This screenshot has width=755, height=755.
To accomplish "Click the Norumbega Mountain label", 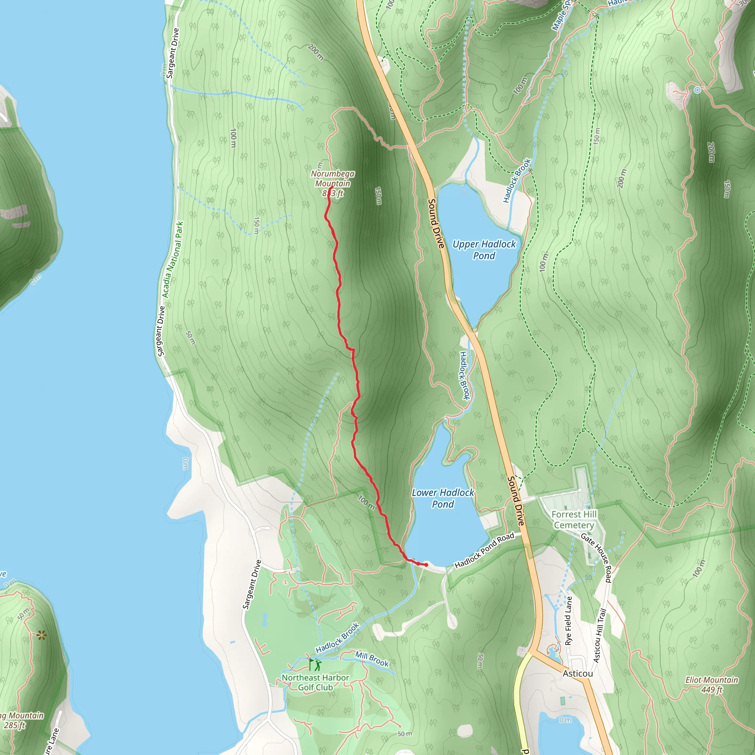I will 333,178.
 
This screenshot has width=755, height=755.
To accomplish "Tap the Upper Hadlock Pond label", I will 484,250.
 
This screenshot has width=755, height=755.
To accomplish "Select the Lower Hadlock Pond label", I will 443,498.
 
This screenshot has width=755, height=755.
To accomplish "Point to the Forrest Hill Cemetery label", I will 574,520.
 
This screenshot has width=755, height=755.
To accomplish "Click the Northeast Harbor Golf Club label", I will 315,682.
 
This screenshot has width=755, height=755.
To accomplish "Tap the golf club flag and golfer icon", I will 315,665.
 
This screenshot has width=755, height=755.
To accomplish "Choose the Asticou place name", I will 578,673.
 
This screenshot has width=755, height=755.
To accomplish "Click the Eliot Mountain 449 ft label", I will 711,685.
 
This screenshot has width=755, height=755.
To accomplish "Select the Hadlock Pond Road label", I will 484,550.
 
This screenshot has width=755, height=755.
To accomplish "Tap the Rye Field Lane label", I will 568,620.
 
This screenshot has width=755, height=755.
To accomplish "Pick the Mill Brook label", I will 372,659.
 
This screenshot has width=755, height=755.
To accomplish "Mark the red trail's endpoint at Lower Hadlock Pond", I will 426,565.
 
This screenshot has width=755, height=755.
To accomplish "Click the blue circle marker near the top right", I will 697,90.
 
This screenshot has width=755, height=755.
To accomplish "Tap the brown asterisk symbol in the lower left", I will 42,636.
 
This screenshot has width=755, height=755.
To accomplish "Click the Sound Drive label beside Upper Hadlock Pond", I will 436,223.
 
